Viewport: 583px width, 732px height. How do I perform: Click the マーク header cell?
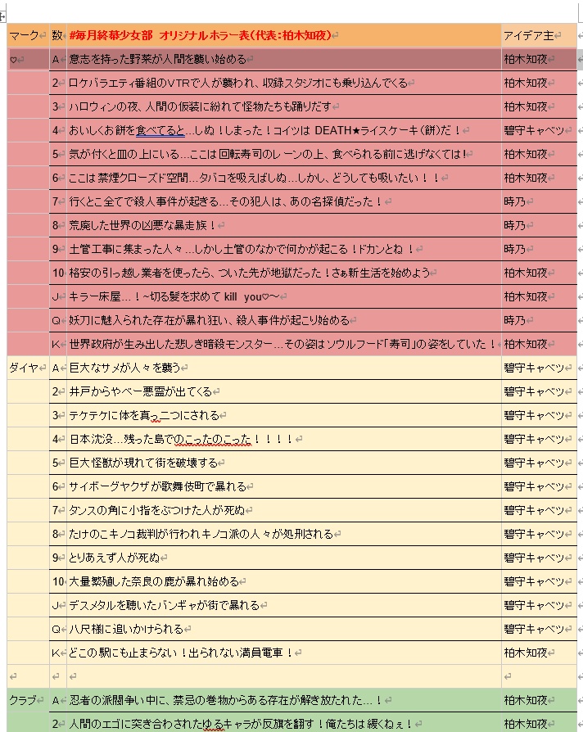tap(25, 35)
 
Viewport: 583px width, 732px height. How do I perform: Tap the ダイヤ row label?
tap(25, 368)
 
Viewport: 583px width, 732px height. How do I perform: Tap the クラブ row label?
tap(25, 701)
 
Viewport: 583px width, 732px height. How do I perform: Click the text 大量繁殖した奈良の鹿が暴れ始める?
tap(154, 581)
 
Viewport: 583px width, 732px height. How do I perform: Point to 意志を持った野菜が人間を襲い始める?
tap(156, 60)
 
